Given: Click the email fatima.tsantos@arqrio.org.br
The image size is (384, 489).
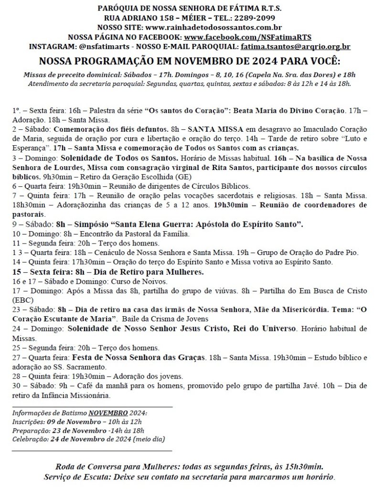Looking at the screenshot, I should [x=296, y=46].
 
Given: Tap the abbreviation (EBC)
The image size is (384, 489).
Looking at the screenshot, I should [x=22, y=300].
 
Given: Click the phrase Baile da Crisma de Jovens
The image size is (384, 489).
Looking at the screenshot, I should [x=165, y=319].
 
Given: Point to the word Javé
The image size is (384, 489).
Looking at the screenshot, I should [x=325, y=386].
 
